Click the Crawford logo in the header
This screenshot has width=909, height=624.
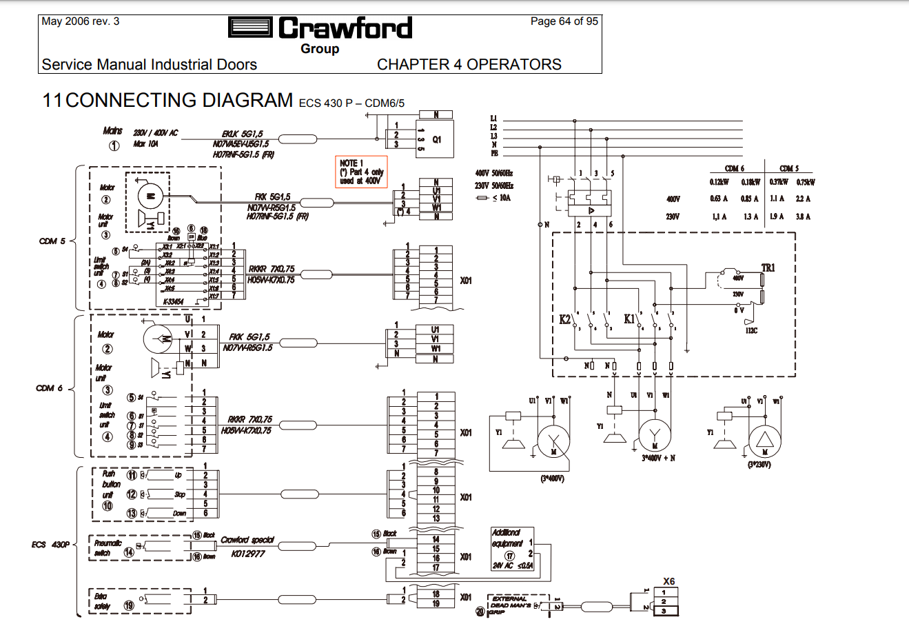pyautogui.click(x=320, y=28)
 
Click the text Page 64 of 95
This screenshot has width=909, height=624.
pyautogui.click(x=564, y=21)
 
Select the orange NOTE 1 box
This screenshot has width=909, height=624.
pyautogui.click(x=362, y=172)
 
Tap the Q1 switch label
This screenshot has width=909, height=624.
pyautogui.click(x=437, y=139)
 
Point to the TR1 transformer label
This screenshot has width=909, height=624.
pyautogui.click(x=768, y=268)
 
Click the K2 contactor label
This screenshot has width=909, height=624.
pyautogui.click(x=565, y=319)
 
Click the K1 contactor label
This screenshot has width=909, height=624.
pyautogui.click(x=629, y=319)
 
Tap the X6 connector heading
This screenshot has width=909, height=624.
pyautogui.click(x=668, y=581)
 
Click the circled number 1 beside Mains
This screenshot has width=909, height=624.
pyautogui.click(x=114, y=145)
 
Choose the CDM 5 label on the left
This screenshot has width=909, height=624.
pyautogui.click(x=52, y=241)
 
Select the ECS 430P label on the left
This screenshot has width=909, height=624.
pyautogui.click(x=50, y=545)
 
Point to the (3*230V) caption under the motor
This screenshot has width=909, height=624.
pyautogui.click(x=759, y=465)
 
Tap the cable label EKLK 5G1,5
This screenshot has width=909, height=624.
pyautogui.click(x=242, y=134)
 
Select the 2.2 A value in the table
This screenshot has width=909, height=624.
pyautogui.click(x=803, y=199)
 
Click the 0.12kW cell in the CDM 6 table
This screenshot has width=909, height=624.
pyautogui.click(x=719, y=182)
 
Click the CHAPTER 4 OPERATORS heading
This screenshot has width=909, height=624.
pyautogui.click(x=469, y=65)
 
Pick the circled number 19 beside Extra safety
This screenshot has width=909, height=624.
pyautogui.click(x=129, y=605)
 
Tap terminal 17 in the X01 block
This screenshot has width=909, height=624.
pyautogui.click(x=436, y=567)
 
